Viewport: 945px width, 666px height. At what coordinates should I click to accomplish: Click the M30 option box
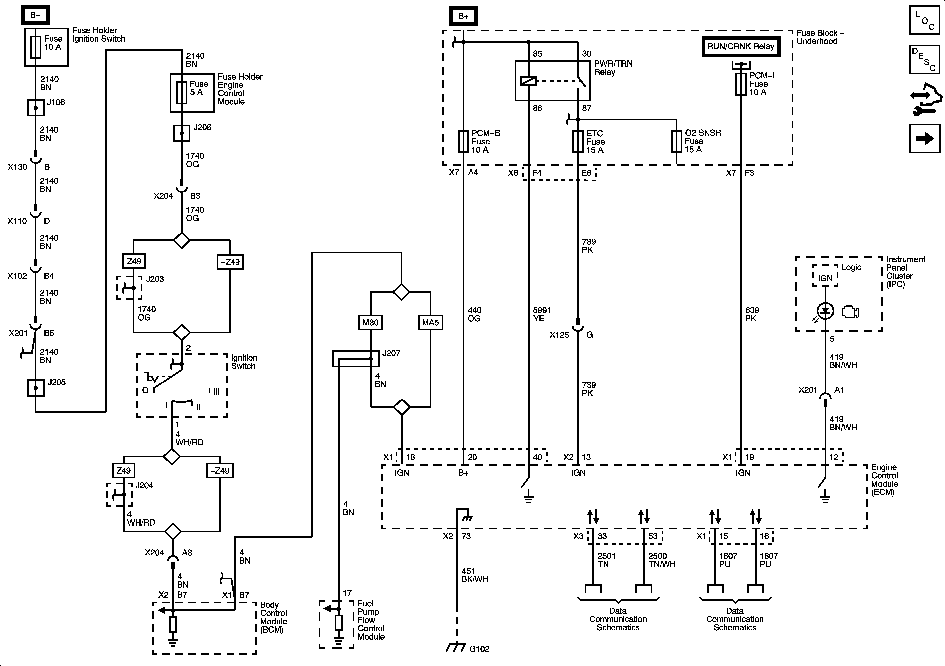tap(370, 322)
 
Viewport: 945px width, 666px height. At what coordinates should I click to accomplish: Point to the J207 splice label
tap(391, 353)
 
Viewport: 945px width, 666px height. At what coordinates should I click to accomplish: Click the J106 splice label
tap(56, 102)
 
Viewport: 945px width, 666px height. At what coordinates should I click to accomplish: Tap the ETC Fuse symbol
tap(577, 142)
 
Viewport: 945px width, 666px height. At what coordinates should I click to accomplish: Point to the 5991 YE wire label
tap(542, 314)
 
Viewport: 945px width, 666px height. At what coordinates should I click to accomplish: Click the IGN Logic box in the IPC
tap(825, 276)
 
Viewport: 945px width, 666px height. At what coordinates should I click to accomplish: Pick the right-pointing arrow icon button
tap(925, 138)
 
